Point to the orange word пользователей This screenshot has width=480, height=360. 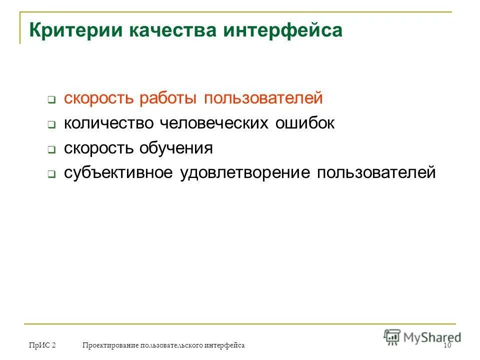click(x=263, y=98)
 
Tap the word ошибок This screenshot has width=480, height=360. click(x=304, y=123)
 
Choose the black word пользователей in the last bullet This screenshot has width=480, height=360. click(x=376, y=173)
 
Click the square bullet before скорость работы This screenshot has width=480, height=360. click(x=51, y=99)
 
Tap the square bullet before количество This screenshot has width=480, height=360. click(x=51, y=124)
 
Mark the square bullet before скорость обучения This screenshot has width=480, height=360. click(x=51, y=149)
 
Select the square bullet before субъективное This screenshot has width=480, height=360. click(x=51, y=174)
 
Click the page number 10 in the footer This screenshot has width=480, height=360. click(x=447, y=345)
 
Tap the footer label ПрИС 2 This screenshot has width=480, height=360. click(x=42, y=345)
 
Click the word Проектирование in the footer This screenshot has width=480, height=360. click(x=110, y=345)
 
